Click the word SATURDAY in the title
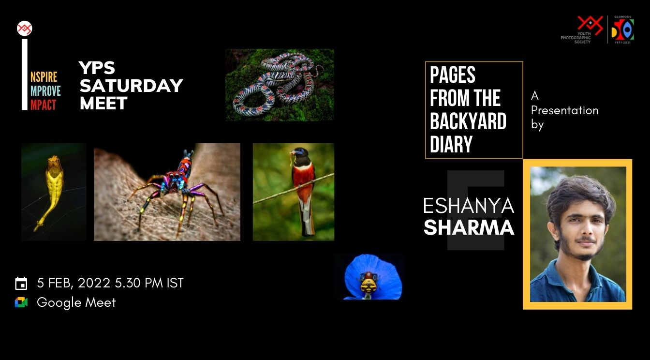pyautogui.click(x=131, y=86)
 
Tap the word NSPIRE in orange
pyautogui.click(x=44, y=77)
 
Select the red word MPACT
pyautogui.click(x=44, y=105)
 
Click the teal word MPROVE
pyautogui.click(x=45, y=91)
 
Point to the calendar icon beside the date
pyautogui.click(x=21, y=283)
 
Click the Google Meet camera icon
pyautogui.click(x=21, y=302)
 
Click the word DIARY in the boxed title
pyautogui.click(x=451, y=144)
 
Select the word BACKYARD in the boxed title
pyautogui.click(x=468, y=121)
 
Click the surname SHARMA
pyautogui.click(x=469, y=227)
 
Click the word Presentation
pyautogui.click(x=564, y=110)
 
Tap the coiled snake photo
pyautogui.click(x=280, y=85)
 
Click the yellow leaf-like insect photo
pyautogui.click(x=53, y=192)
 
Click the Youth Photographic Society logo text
pyautogui.click(x=576, y=38)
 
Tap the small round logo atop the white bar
pyautogui.click(x=24, y=29)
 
